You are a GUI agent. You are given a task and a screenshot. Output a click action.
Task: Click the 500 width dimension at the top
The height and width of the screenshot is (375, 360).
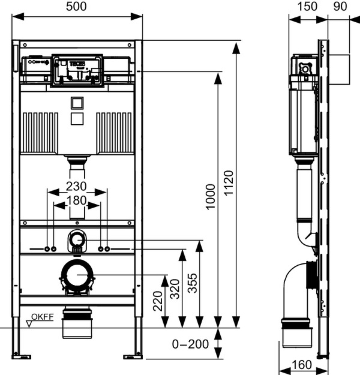pyautogui.click(x=77, y=6)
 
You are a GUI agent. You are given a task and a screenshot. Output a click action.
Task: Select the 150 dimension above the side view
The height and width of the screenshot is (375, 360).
pyautogui.click(x=307, y=6)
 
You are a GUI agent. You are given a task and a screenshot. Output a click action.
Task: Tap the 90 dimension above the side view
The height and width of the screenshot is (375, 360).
pyautogui.click(x=339, y=6)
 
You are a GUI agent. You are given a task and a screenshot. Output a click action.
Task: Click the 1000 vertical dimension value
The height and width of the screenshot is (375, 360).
pyautogui.click(x=211, y=196)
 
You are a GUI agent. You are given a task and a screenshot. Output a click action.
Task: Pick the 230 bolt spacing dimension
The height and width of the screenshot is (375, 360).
pyautogui.click(x=76, y=186)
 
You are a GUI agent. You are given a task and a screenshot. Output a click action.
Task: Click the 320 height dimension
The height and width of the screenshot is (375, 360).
pyautogui.click(x=175, y=289)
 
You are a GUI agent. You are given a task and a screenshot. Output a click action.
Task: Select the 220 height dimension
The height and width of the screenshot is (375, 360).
pyautogui.click(x=157, y=301)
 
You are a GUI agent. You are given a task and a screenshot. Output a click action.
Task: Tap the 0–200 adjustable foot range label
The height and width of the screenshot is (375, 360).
pyautogui.click(x=190, y=344)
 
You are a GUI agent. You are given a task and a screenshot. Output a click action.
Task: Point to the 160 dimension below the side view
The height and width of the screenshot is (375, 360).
pyautogui.click(x=301, y=364)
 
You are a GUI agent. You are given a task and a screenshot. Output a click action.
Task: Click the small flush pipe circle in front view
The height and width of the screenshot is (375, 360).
pyautogui.click(x=77, y=239)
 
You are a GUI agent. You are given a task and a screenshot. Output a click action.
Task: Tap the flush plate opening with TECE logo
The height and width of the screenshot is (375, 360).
pyautogui.click(x=77, y=70)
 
